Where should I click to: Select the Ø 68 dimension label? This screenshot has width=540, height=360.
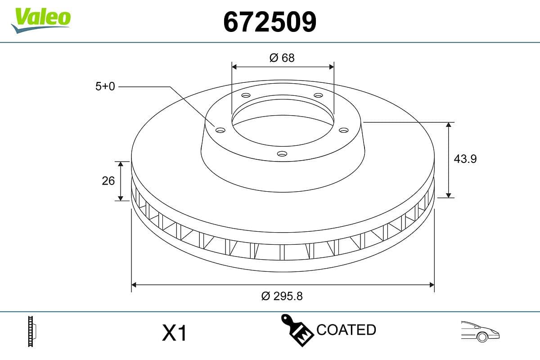pyautogui.click(x=282, y=58)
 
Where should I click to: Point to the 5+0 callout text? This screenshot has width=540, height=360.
pyautogui.click(x=105, y=86)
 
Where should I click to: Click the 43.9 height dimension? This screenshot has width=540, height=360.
pyautogui.click(x=465, y=159)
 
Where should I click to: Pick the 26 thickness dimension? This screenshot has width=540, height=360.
pyautogui.click(x=108, y=180)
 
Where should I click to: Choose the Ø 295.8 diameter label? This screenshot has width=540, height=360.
pyautogui.click(x=282, y=296)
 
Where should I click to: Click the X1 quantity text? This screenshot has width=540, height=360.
pyautogui.click(x=174, y=333)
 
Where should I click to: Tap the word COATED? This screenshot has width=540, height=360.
pyautogui.click(x=346, y=330)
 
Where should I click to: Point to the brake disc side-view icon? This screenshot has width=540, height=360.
pyautogui.click(x=32, y=331)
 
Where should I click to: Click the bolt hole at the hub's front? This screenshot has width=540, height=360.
pyautogui.click(x=282, y=154)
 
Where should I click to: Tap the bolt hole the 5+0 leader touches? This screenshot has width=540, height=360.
pyautogui.click(x=220, y=130)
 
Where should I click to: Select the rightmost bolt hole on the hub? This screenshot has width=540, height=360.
pyautogui.click(x=344, y=130)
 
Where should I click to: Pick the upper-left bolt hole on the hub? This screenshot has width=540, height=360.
pyautogui.click(x=246, y=95)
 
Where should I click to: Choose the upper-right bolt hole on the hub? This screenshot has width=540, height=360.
pyautogui.click(x=318, y=95)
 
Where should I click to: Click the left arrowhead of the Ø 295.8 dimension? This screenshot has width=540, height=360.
pyautogui.click(x=134, y=285)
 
